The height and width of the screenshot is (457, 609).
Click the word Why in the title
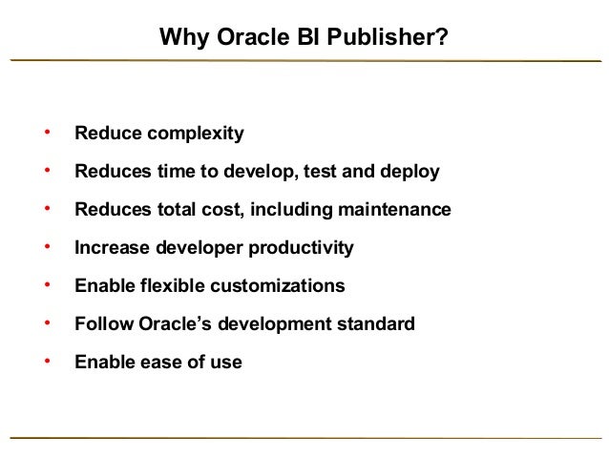coord(178,38)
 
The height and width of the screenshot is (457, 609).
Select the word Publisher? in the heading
coord(393,38)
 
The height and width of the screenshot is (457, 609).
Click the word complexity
coord(195,134)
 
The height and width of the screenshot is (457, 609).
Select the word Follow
coord(101,324)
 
